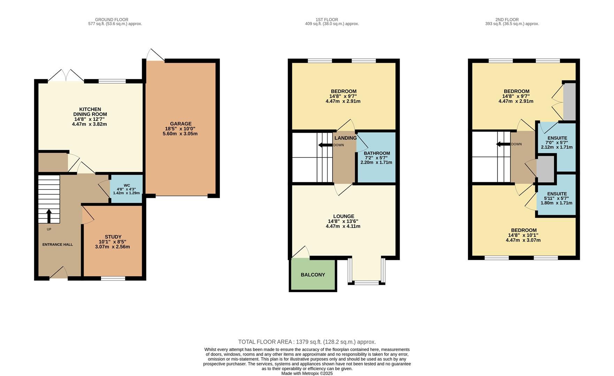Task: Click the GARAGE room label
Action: [181, 124]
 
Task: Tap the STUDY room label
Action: [113, 237]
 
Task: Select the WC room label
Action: [126, 185]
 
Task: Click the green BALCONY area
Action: [313, 275]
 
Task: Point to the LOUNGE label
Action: [343, 216]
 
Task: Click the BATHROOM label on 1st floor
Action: [377, 153]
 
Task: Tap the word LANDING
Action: [346, 138]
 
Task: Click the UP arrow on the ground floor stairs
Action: [49, 216]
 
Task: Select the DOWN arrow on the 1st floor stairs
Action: [325, 145]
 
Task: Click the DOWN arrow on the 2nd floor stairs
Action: [503, 144]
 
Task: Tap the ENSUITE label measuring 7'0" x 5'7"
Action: [557, 138]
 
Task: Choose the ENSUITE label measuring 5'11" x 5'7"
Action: [557, 194]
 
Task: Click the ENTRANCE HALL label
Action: [57, 244]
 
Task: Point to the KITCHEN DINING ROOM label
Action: [90, 112]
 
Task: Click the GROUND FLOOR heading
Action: [112, 19]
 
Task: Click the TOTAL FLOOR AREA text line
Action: [307, 342]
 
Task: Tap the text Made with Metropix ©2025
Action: [307, 373]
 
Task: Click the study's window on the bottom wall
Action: [113, 278]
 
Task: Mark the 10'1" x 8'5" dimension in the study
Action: [113, 242]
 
